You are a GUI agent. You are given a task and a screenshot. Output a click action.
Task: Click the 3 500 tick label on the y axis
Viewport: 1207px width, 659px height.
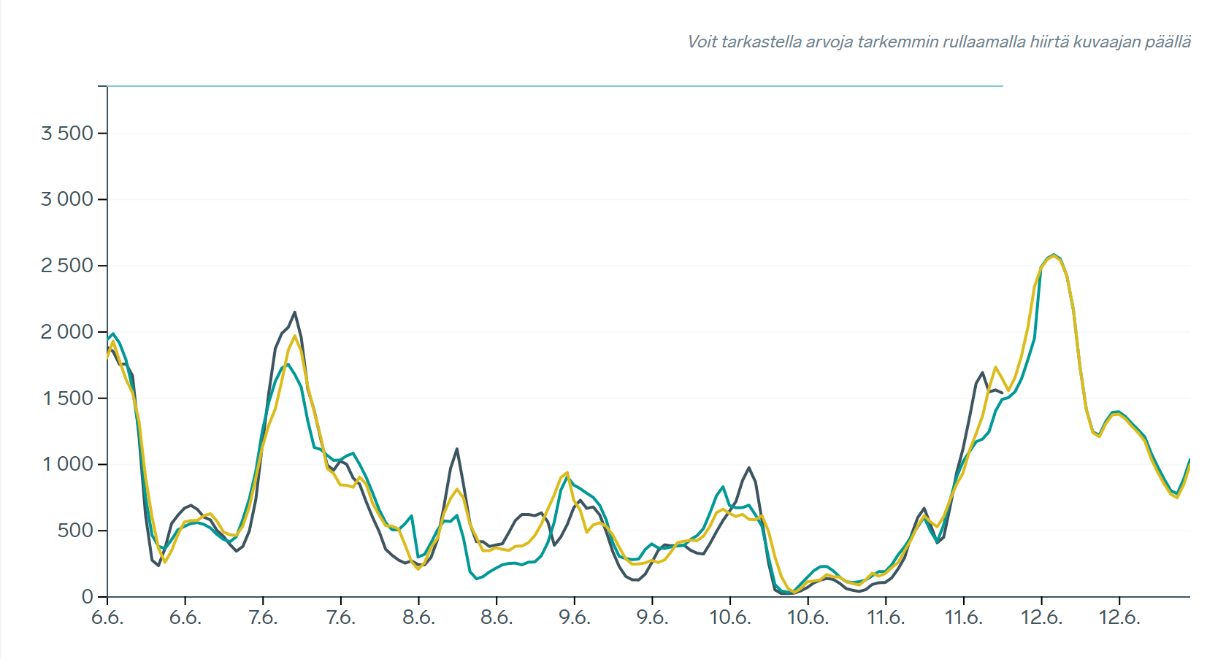(x=67, y=134)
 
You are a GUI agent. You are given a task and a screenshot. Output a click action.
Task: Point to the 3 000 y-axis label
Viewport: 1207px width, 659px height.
(x=67, y=199)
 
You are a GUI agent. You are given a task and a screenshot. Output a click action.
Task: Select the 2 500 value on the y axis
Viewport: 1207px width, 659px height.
(x=67, y=266)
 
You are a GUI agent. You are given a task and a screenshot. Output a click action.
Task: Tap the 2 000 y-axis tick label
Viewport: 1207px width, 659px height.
(x=67, y=332)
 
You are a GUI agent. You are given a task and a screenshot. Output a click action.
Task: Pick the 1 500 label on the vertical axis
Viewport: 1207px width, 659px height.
(x=68, y=398)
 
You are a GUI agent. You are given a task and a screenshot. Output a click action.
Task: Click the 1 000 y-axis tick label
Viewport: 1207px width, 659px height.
(x=68, y=464)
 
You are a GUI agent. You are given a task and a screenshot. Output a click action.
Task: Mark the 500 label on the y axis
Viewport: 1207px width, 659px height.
(x=76, y=531)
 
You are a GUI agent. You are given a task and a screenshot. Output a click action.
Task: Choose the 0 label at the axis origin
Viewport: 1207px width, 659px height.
(x=88, y=597)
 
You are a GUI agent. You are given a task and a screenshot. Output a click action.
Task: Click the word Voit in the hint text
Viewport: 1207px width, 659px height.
(x=702, y=42)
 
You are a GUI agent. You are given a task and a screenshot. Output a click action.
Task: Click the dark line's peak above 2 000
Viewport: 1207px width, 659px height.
(x=294, y=312)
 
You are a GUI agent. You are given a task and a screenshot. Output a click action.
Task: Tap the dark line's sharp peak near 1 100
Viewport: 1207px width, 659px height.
(x=456, y=449)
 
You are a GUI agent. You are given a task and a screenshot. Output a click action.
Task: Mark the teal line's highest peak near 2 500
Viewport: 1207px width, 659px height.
(x=1053, y=255)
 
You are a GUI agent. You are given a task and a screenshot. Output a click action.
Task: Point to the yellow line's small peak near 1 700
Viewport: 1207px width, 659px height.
(x=995, y=367)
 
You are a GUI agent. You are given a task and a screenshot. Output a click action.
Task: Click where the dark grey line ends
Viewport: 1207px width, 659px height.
(x=1002, y=393)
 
